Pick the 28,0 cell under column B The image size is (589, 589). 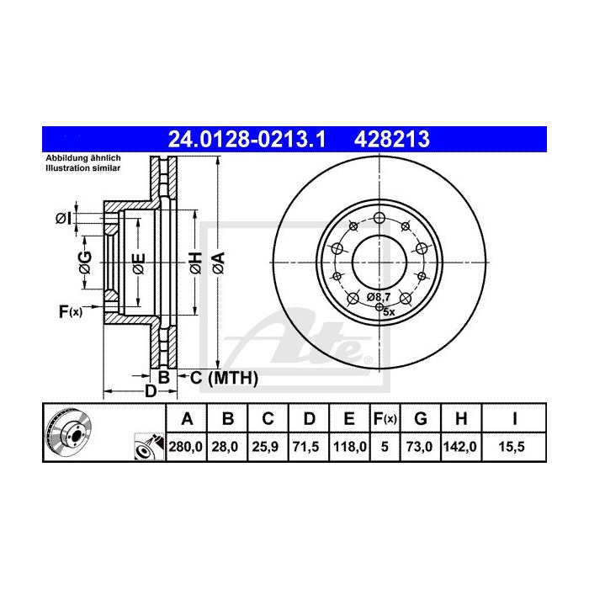point(227,447)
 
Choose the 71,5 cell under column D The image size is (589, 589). point(308,447)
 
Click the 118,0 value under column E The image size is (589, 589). point(349,447)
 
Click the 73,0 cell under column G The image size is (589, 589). point(422,447)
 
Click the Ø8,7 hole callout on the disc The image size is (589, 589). point(379,297)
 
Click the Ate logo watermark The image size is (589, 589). point(311,336)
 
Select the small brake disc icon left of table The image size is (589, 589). point(66,432)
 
